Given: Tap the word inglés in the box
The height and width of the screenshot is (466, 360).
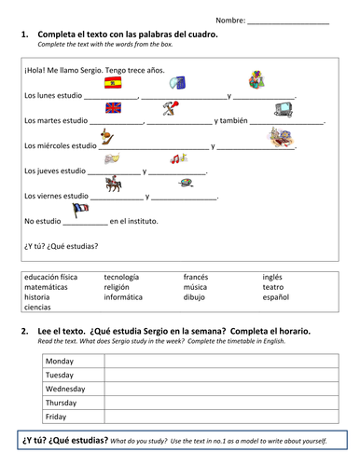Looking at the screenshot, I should (x=272, y=277).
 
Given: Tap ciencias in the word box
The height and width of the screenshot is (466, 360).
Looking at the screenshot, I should (x=38, y=308).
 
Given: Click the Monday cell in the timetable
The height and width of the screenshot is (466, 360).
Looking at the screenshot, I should (x=60, y=361).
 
